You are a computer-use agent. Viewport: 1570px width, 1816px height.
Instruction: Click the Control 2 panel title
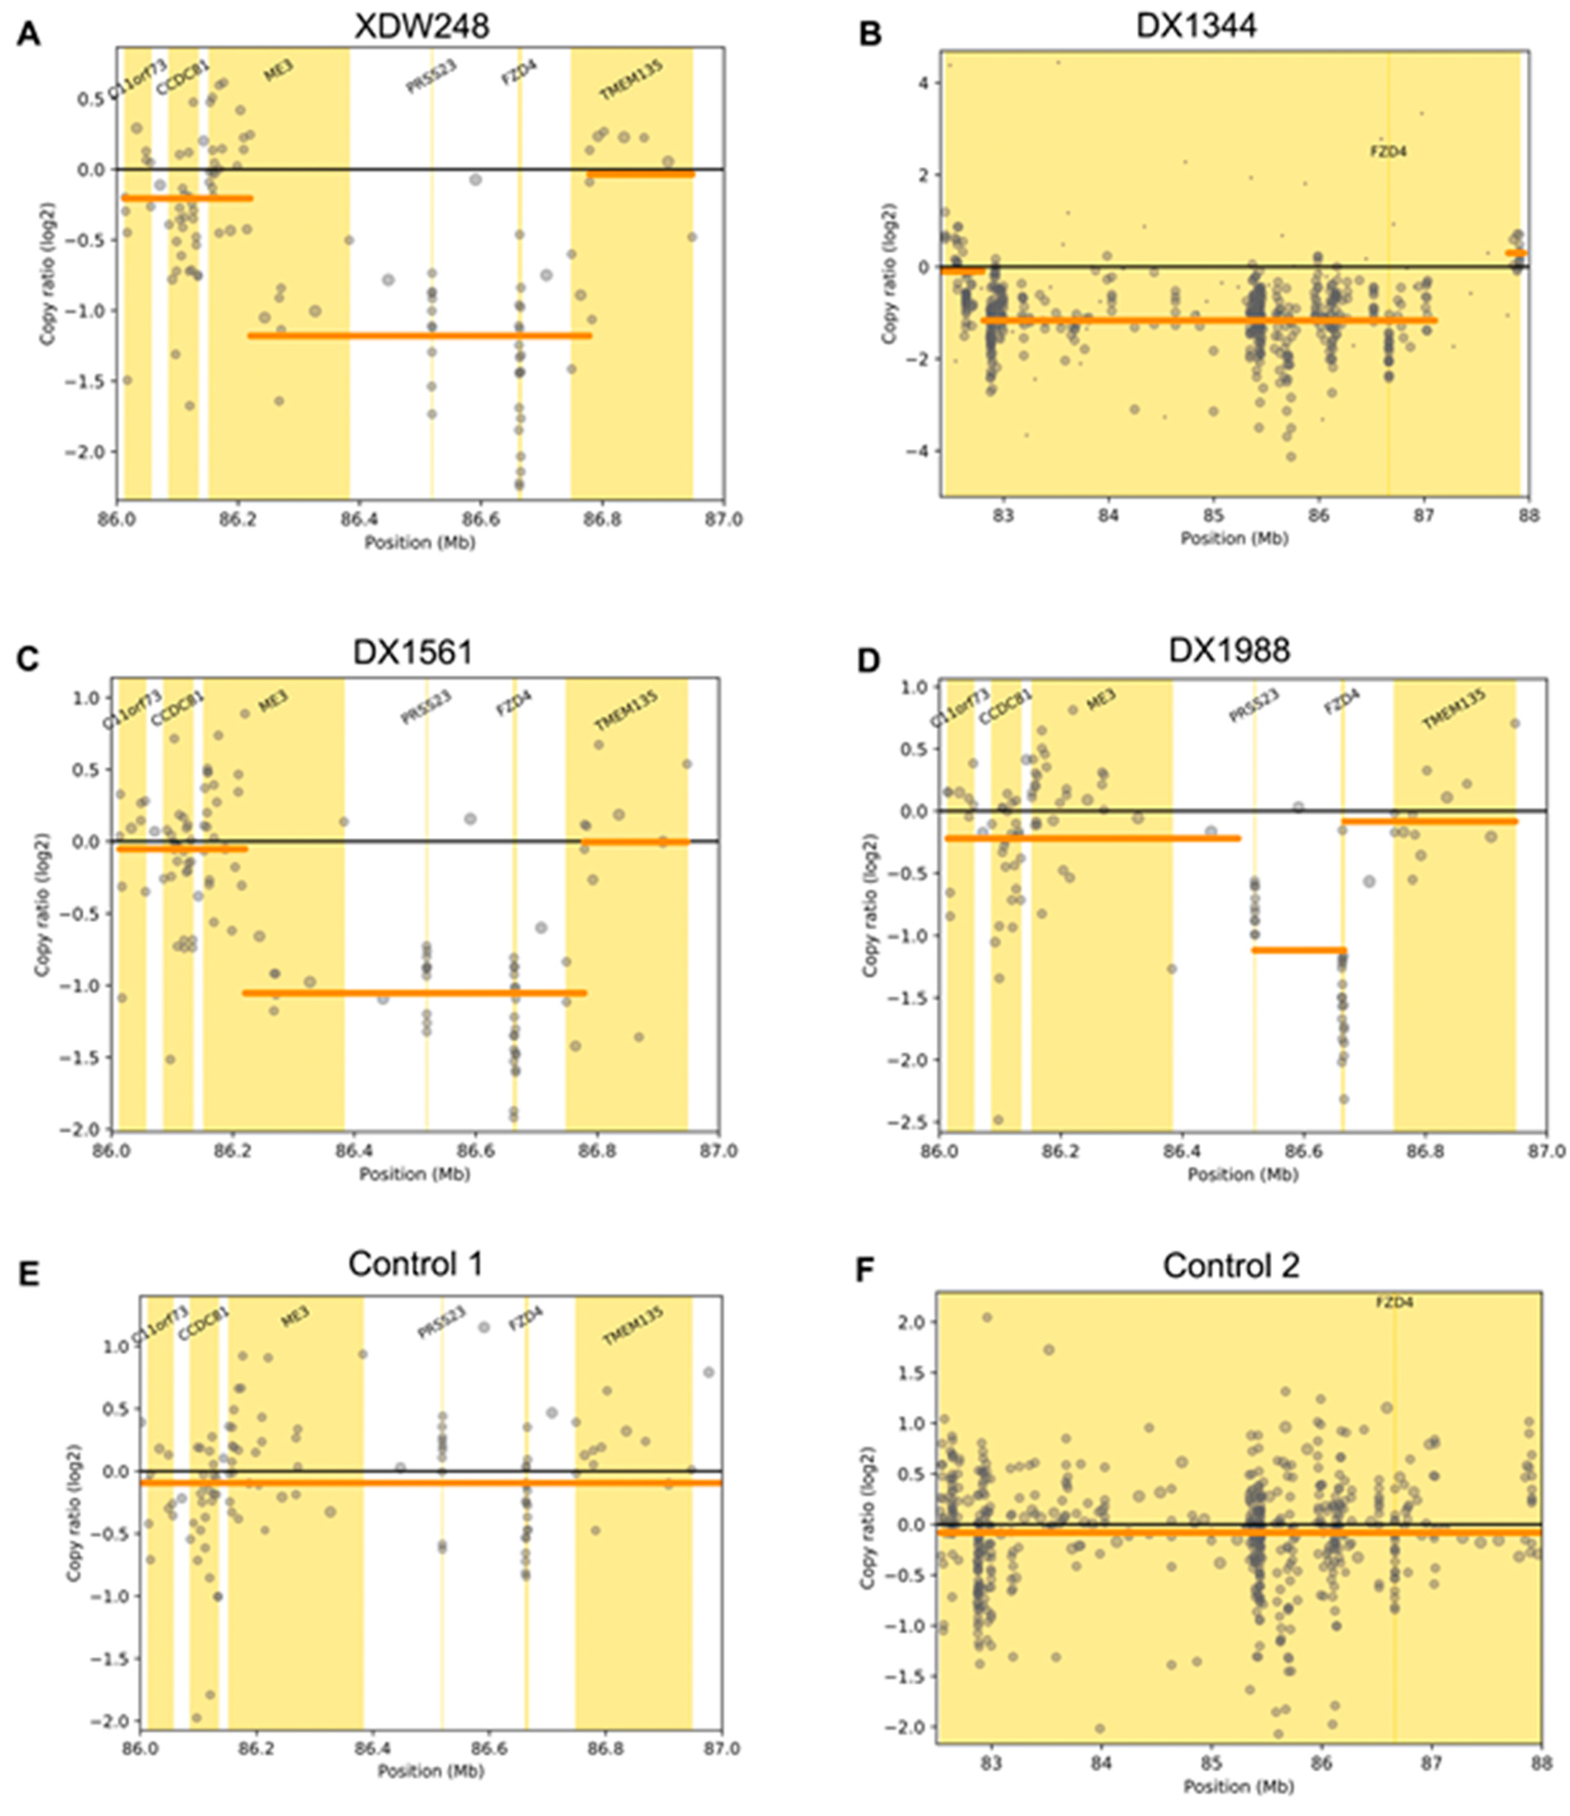(x=1231, y=1266)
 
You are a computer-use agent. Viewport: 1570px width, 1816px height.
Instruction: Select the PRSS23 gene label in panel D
(x=1253, y=706)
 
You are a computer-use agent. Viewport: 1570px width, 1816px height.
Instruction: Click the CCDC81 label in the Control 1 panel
(x=203, y=1323)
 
